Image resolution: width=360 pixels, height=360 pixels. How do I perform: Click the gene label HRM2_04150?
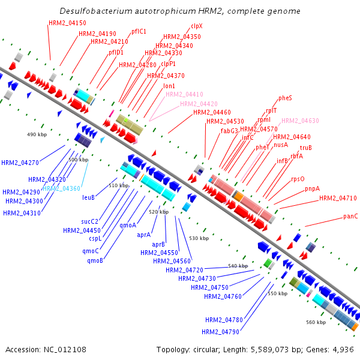coord(63,23)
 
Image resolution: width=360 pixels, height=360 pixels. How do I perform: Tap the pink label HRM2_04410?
coord(184,94)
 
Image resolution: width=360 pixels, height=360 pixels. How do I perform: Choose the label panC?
coord(350,216)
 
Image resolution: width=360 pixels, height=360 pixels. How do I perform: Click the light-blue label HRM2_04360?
coord(61,188)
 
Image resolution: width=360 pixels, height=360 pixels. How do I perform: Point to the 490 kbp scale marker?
coord(37,134)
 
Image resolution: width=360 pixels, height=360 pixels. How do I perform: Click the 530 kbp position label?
coord(197,238)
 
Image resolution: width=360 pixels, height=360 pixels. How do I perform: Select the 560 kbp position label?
coord(316,322)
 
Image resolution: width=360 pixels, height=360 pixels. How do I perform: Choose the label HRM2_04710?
coord(338,198)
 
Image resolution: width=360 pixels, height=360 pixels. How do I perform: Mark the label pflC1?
coord(139,31)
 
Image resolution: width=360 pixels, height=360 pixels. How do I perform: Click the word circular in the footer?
coord(209,349)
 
